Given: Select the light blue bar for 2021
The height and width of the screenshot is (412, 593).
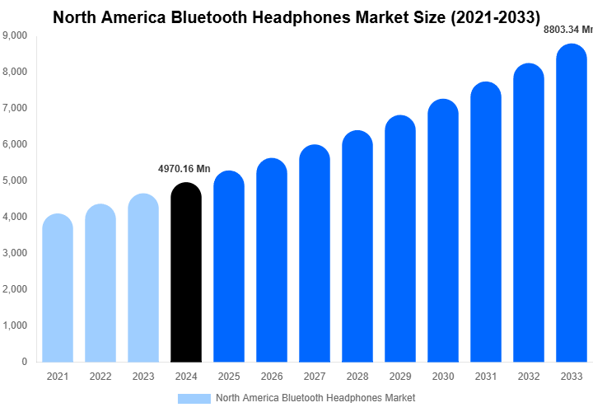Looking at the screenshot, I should tap(58, 288).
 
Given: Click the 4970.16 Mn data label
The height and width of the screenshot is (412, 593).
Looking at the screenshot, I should tap(184, 169).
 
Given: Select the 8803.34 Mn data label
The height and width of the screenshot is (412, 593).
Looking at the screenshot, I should tap(568, 29).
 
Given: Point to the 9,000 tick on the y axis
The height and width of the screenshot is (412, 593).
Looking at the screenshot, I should tap(15, 35).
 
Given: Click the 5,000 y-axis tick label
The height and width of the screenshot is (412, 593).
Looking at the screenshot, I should tap(15, 180).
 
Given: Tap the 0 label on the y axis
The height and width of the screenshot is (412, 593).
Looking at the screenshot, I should tap(24, 362).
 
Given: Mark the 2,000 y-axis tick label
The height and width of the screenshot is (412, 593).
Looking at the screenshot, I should tap(15, 289).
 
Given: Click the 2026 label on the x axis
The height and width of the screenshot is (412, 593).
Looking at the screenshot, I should tap(272, 377).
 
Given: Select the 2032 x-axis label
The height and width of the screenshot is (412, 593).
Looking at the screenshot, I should tap(529, 377).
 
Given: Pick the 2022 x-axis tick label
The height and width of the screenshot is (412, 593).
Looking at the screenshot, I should tap(100, 377).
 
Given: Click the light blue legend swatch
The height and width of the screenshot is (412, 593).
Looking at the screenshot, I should tap(194, 398).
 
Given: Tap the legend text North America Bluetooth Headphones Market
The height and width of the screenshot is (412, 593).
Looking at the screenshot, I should tap(315, 398).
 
